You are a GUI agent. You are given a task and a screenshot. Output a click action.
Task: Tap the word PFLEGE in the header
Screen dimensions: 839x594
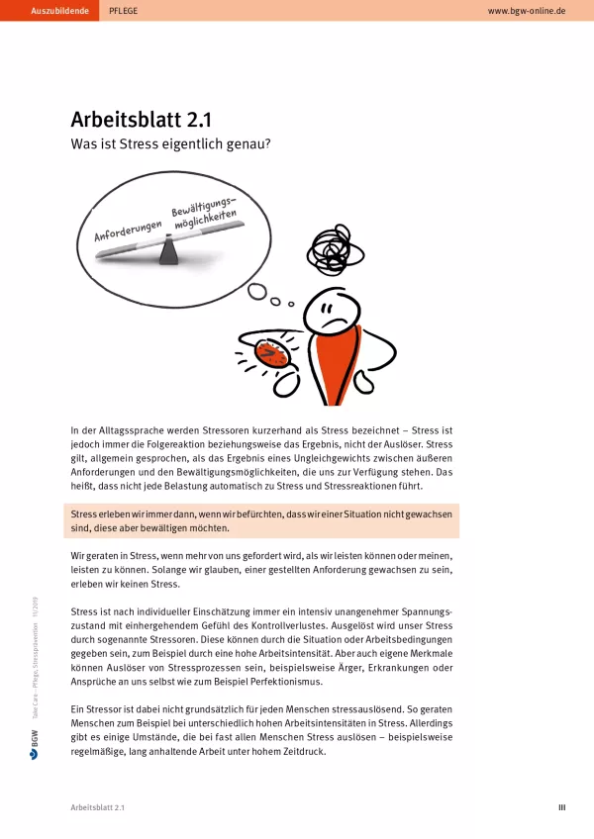124,10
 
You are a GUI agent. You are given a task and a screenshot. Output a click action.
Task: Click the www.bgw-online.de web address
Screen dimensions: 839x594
527,10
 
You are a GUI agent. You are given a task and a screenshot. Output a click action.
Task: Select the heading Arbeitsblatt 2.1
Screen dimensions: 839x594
141,120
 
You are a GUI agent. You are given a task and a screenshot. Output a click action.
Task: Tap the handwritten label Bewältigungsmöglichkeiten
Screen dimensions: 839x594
209,213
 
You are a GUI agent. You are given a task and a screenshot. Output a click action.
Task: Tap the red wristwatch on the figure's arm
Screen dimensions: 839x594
270,351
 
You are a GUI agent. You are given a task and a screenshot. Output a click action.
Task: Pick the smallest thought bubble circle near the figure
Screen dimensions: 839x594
291,303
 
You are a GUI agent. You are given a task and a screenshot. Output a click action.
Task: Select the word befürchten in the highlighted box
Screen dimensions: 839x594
252,514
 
